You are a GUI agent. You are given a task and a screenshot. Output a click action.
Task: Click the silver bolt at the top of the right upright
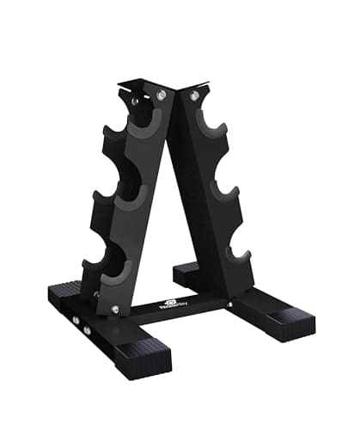point(195,95)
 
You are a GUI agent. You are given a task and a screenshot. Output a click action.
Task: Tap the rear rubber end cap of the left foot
point(64,289)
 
